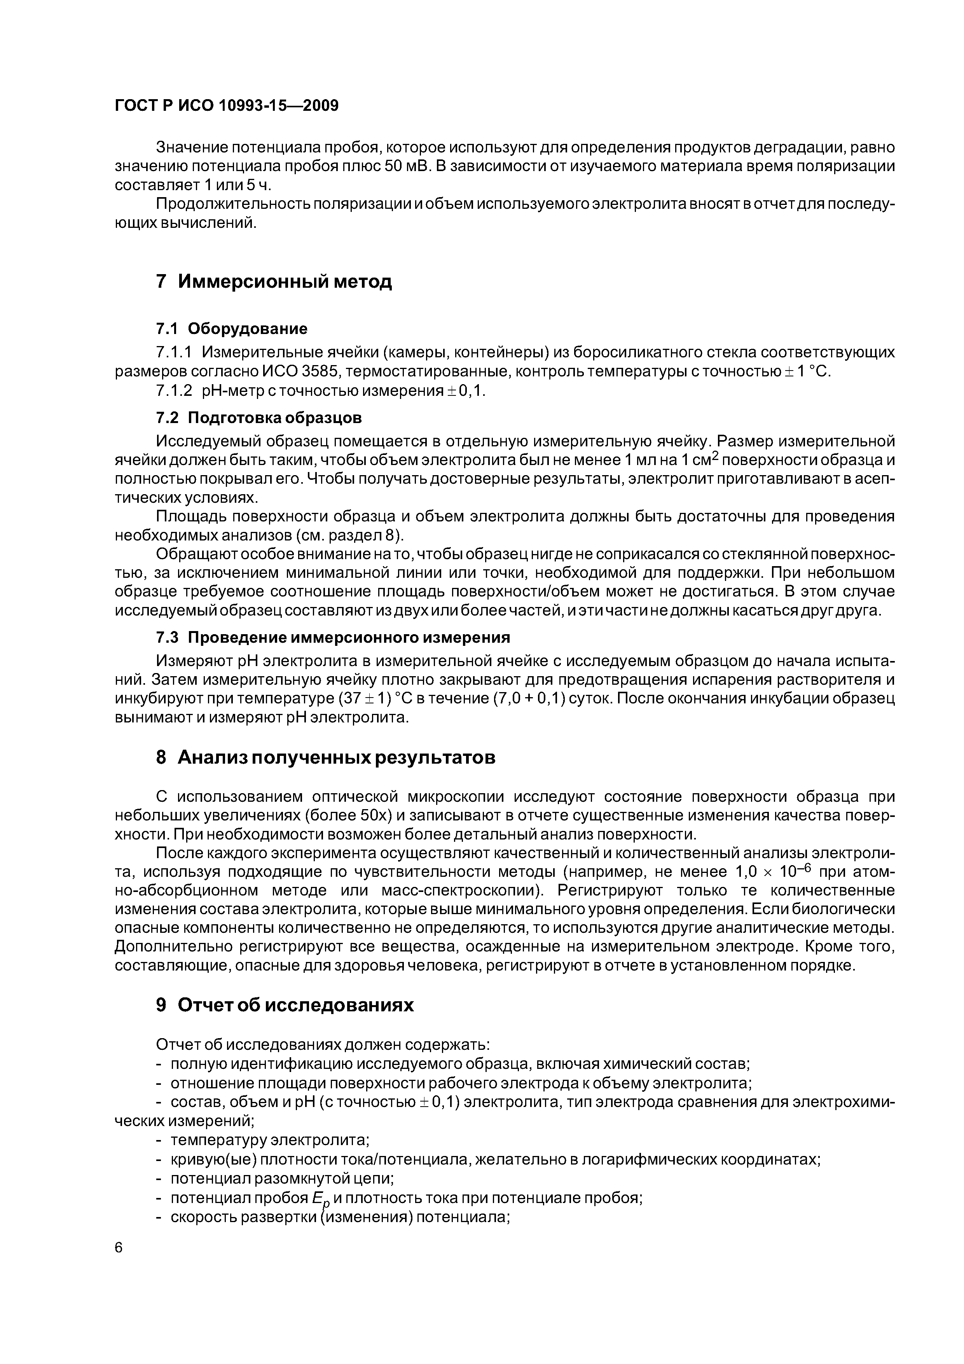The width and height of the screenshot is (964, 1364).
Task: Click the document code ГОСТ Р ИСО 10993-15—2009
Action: point(226,106)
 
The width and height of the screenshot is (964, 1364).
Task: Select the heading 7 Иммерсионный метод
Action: point(274,281)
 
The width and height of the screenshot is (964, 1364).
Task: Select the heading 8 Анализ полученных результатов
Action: point(325,757)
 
